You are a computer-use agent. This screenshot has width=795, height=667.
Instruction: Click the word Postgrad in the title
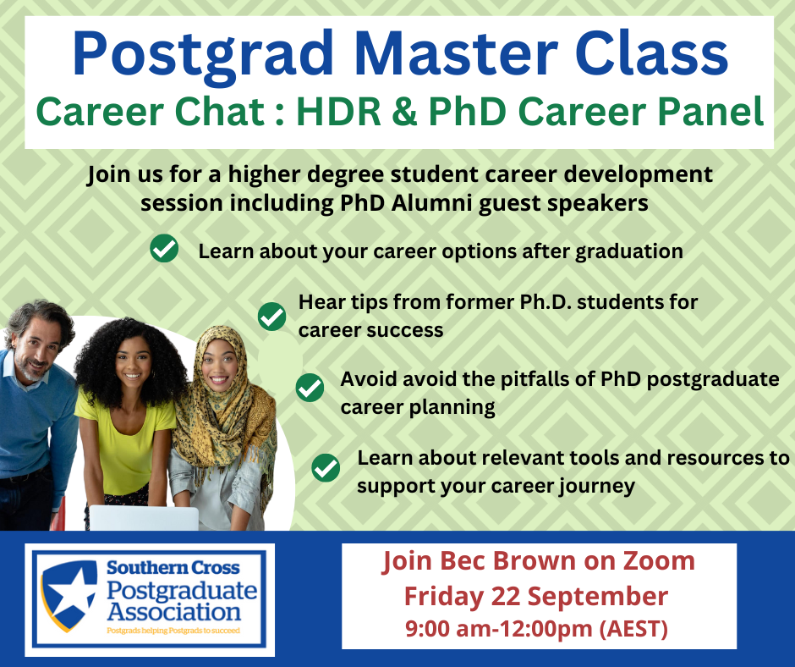point(203,54)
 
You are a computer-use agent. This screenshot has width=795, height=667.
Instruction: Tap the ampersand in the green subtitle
point(404,111)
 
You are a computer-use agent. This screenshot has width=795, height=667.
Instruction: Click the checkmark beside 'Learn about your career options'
point(164,248)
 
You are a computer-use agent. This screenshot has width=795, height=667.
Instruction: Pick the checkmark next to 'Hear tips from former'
point(272,317)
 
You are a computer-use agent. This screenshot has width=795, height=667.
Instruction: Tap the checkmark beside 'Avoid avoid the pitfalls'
point(310,388)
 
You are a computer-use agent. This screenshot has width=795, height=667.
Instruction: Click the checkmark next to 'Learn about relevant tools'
point(326,467)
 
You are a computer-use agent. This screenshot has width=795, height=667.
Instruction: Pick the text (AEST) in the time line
point(633,629)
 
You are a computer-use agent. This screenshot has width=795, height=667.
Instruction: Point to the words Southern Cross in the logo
point(173,567)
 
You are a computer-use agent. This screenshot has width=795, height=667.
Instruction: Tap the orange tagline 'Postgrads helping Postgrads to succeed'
point(173,631)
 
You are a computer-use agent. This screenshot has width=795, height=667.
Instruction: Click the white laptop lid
point(144,518)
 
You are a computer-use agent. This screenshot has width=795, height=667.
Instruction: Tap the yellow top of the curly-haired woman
point(127,447)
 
